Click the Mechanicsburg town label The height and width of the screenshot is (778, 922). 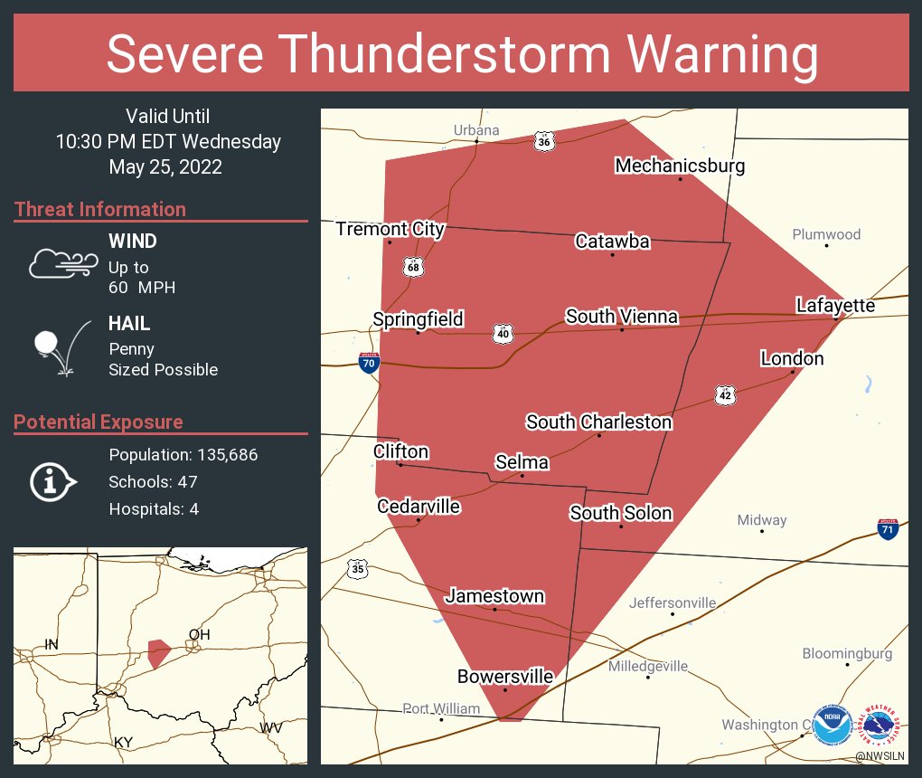point(680,166)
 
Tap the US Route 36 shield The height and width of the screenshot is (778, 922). point(543,142)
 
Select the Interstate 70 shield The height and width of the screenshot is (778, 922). point(369,364)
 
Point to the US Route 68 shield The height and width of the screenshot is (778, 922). point(414,267)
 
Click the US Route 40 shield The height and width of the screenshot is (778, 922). point(503,334)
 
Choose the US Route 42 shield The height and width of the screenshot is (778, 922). point(726,395)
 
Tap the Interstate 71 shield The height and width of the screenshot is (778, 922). point(888,530)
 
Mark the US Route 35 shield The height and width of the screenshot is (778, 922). point(358,569)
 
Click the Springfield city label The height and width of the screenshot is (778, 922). point(418,318)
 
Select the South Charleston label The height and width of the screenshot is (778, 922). point(598,422)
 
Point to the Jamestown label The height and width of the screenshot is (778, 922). point(494,595)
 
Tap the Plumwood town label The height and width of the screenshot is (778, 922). point(826,234)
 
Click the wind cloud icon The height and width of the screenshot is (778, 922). point(62,263)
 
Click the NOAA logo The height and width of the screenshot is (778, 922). point(832,726)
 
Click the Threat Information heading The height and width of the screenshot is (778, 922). point(100,209)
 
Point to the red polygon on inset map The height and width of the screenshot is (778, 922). point(158,651)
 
